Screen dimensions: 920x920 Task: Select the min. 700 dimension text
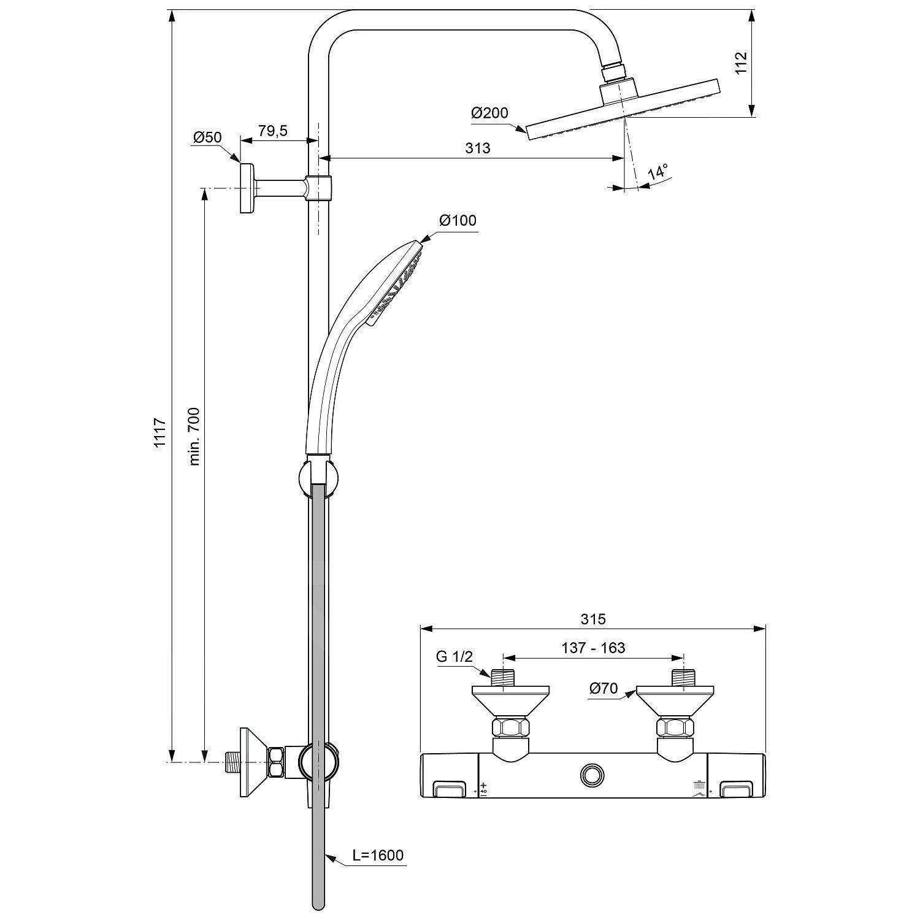tap(194, 435)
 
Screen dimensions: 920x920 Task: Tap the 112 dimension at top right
tap(741, 63)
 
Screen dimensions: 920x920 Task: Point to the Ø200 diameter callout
tap(489, 113)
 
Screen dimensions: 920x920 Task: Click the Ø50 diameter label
tap(207, 137)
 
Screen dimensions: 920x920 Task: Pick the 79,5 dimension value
tap(273, 131)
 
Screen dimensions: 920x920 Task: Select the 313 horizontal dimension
tap(477, 148)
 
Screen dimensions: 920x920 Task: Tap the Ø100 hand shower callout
tap(457, 220)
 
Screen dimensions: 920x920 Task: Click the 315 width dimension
tap(593, 619)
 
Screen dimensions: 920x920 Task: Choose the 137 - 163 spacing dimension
tap(593, 648)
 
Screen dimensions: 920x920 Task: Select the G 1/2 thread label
tap(454, 656)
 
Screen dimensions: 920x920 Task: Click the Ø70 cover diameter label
tap(604, 688)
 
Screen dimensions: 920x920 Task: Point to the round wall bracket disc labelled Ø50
tap(247, 188)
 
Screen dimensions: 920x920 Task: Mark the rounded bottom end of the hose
tap(317, 903)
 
